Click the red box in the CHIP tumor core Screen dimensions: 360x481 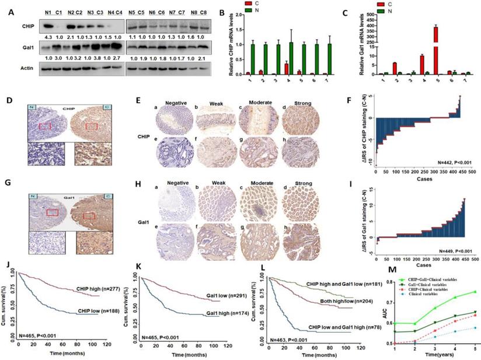click(x=89, y=125)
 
